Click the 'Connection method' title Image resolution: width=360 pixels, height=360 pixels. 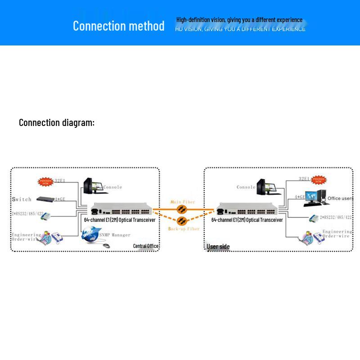[x=118, y=26]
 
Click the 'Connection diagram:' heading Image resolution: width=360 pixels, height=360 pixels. [x=57, y=122]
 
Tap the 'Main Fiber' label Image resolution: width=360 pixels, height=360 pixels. [x=182, y=202]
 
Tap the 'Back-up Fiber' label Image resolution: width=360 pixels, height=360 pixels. [x=184, y=229]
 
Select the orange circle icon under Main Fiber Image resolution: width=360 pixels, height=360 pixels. [x=181, y=210]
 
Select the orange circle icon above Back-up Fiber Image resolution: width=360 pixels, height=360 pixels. [x=181, y=220]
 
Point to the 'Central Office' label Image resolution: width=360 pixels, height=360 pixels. [x=145, y=246]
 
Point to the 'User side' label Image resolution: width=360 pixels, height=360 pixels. [x=218, y=247]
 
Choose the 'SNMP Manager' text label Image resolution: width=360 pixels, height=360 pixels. [x=115, y=235]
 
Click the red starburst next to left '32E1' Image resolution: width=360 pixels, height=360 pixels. [x=45, y=181]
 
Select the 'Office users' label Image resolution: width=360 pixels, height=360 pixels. [x=340, y=198]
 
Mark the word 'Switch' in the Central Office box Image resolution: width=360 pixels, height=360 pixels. [x=22, y=199]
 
